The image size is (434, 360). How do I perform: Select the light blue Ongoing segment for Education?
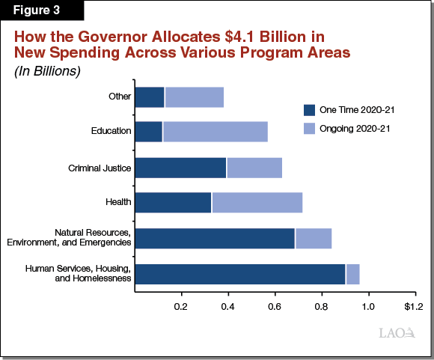click(215, 132)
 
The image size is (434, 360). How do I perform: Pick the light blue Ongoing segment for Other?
click(194, 97)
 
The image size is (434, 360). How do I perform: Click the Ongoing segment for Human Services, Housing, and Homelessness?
click(352, 274)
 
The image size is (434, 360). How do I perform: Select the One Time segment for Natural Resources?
click(215, 238)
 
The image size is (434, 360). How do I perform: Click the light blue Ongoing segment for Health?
click(257, 203)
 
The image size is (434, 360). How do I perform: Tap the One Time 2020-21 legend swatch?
click(309, 110)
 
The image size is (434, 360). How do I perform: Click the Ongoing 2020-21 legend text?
click(357, 129)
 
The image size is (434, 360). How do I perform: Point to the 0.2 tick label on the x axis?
click(181, 307)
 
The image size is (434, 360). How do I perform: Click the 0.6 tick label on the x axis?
click(275, 307)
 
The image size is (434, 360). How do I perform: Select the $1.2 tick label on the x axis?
click(413, 307)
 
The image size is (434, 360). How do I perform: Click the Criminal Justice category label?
click(100, 168)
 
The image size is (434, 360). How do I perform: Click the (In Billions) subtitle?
click(46, 71)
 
